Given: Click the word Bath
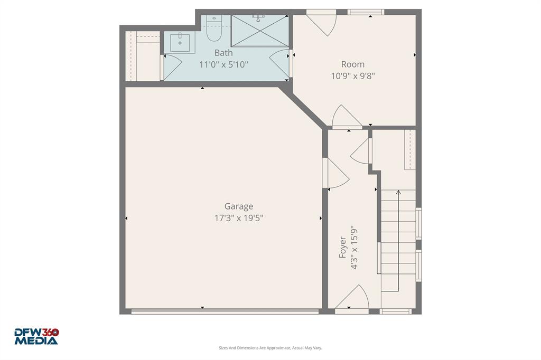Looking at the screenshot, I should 223,53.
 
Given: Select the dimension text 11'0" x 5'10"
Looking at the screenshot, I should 223,64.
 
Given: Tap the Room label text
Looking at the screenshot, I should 352,64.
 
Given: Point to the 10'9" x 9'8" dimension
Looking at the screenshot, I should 352,75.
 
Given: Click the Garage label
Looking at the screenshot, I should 238,206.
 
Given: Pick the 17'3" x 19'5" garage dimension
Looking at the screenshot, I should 238,217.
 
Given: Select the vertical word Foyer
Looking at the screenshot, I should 343,247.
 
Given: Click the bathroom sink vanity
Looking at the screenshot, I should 180,42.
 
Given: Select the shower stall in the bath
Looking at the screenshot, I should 260,31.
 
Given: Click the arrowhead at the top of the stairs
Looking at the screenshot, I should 398,192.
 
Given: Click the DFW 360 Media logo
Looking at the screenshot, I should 36,336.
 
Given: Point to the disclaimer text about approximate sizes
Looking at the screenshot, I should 270,348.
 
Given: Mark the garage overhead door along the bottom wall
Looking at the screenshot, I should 225,311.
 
